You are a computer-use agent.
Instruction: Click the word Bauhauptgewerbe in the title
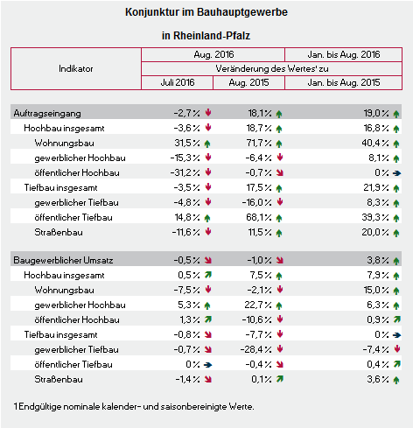242,12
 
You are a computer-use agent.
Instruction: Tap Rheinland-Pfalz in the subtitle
212,36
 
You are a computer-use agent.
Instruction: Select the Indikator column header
76,68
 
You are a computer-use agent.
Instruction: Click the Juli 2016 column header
178,82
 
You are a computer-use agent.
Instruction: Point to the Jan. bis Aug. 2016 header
344,54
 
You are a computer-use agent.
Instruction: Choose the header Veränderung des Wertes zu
272,68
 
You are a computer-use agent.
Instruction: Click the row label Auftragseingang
47,113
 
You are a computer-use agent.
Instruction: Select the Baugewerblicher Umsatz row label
63,260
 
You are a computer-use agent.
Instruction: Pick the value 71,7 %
259,143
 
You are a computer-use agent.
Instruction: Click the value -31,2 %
185,172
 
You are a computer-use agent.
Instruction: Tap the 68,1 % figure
259,217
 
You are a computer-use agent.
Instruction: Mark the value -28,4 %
256,349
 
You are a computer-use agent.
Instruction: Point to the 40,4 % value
375,143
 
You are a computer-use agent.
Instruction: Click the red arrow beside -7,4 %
396,348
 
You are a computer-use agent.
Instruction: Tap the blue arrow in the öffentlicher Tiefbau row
207,365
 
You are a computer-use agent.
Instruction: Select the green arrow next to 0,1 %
280,379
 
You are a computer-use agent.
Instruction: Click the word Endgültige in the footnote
40,406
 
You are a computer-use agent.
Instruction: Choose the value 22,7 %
258,305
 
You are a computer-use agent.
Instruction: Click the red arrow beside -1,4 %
208,379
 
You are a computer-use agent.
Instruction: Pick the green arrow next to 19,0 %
396,114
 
